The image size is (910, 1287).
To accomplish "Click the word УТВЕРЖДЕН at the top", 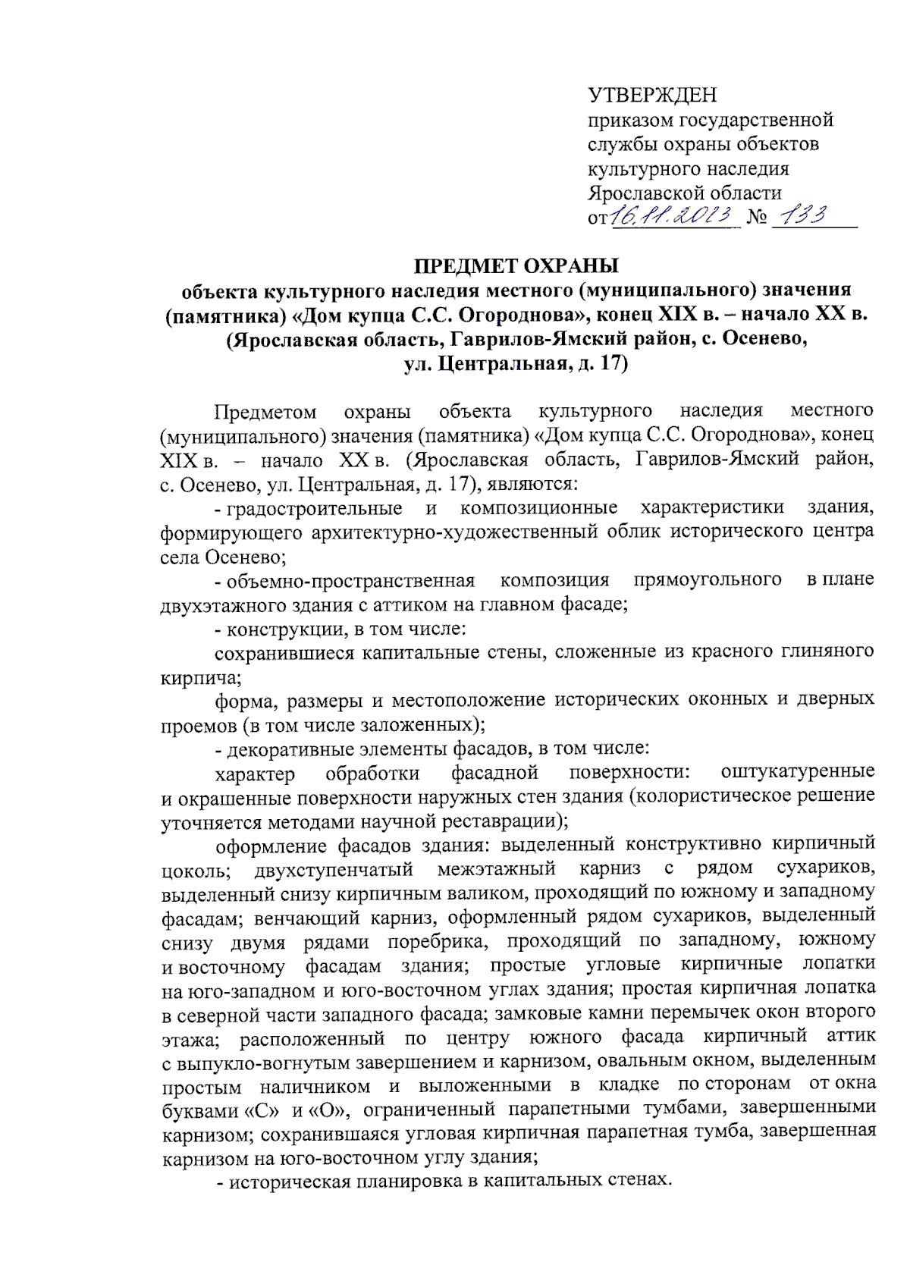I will click(652, 95).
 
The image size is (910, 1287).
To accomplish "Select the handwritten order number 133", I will click(805, 216).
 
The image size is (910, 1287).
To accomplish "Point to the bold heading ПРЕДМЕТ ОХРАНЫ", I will click(516, 266).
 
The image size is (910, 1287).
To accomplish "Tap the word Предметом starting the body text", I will click(265, 412).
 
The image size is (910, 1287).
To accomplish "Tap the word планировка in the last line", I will click(405, 1180).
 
